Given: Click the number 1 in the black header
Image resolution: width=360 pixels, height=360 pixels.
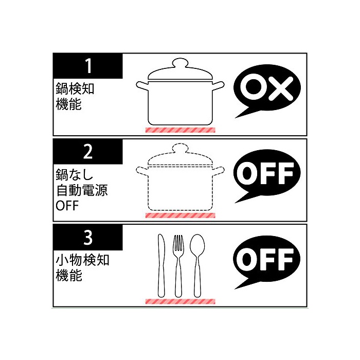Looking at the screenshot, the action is (x=88, y=66).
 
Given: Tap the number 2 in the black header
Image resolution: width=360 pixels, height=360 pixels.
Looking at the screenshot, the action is (x=88, y=152).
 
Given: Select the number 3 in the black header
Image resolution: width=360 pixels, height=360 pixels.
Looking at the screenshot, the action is (x=88, y=238).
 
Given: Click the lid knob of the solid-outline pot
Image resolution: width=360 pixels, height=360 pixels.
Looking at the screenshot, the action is (x=180, y=63).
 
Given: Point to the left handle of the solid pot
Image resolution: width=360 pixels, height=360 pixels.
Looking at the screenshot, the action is (x=142, y=86).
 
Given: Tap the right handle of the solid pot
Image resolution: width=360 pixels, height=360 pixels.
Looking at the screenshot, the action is (x=218, y=86).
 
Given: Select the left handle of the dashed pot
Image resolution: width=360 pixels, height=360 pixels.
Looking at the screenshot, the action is (x=142, y=171).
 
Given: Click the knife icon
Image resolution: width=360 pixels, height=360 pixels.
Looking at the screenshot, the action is (x=161, y=266).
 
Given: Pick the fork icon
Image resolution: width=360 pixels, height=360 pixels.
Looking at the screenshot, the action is (x=178, y=266).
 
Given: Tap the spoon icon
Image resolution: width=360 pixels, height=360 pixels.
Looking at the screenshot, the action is (x=197, y=266).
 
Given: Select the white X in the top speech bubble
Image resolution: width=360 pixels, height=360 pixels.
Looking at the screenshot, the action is (x=281, y=88).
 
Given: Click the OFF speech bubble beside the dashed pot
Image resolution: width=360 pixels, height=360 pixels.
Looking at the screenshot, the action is (x=267, y=174).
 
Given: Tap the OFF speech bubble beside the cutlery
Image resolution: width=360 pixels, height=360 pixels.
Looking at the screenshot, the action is (x=267, y=261).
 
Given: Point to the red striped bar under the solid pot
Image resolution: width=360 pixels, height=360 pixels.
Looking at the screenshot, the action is (x=180, y=130).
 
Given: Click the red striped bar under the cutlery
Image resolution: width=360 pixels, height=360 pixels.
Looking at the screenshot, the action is (x=180, y=301).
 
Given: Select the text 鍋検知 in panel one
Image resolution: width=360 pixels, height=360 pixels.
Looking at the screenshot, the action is (x=75, y=88).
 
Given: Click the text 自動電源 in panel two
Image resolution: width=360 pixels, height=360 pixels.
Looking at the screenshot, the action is (x=82, y=190).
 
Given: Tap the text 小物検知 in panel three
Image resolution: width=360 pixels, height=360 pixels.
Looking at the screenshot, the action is (x=82, y=260).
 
